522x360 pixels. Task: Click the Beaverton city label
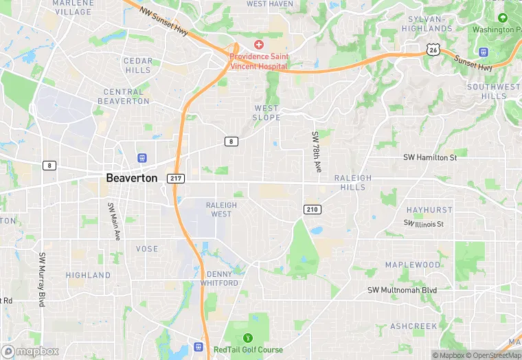click(x=131, y=178)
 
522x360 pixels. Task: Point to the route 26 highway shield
click(x=432, y=49)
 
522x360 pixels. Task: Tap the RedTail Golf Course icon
click(x=247, y=338)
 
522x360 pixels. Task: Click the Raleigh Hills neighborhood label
click(x=353, y=182)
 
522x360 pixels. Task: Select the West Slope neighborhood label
click(x=266, y=113)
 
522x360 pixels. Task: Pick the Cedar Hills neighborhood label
click(x=137, y=65)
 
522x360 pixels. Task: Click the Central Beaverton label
click(x=124, y=96)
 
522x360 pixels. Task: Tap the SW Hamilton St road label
click(x=429, y=157)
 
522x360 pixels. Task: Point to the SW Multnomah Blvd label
click(x=402, y=290)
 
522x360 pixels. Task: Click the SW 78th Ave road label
click(x=317, y=152)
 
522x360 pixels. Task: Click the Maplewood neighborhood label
click(x=413, y=265)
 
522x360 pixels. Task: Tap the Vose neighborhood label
click(x=147, y=249)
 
